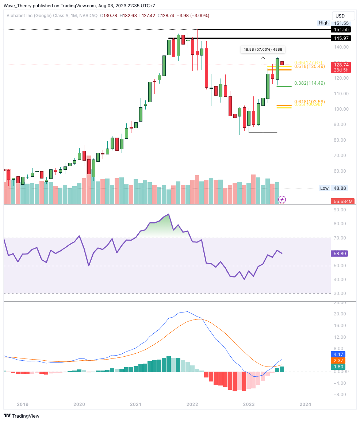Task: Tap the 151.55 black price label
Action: (340, 30)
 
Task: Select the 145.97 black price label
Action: (340, 38)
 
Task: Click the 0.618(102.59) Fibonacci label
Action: (309, 101)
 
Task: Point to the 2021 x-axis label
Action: (135, 404)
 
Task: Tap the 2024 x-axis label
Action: (305, 404)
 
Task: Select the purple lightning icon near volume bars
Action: (282, 199)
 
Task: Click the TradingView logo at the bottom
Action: (22, 416)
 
